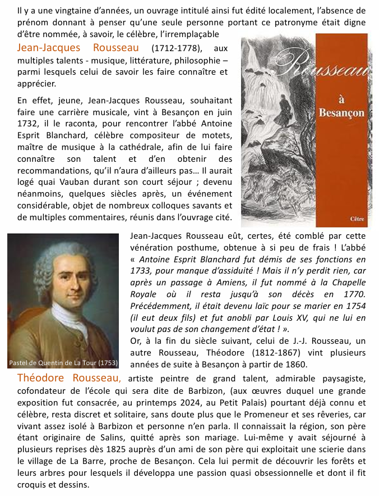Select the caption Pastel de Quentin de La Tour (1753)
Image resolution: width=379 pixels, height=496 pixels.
(x=63, y=362)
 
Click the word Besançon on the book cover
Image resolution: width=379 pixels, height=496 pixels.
(x=341, y=112)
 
